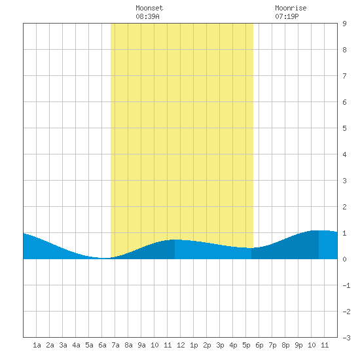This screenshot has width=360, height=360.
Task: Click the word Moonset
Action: coord(149,8)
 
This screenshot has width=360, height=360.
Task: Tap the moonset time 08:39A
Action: coord(147,16)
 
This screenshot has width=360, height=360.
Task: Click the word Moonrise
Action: coord(291,8)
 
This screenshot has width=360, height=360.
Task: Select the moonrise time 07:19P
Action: coord(287,16)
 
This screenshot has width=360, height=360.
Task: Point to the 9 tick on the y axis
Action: coord(344,24)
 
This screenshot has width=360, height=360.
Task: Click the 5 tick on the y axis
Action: coord(344,128)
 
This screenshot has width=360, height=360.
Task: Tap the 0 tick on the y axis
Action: coord(344,259)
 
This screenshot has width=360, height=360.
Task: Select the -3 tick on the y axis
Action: coord(346,338)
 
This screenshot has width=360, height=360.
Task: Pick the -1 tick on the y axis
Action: coord(346,285)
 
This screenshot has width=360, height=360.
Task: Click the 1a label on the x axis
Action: coord(37,345)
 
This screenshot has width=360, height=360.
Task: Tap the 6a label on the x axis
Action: coord(102,345)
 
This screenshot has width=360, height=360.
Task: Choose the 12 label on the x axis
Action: coord(181,345)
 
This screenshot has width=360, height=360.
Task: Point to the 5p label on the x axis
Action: coord(246,345)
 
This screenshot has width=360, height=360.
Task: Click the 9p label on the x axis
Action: coord(298,345)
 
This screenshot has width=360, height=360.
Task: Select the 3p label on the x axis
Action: coord(220,345)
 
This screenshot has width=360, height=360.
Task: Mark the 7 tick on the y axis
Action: coord(344,76)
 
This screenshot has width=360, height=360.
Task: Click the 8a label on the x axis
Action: coord(128,345)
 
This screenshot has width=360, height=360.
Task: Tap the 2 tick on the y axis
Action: coord(344,207)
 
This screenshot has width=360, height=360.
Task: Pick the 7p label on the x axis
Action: coord(272,345)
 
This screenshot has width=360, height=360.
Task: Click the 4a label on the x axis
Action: coord(76,345)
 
